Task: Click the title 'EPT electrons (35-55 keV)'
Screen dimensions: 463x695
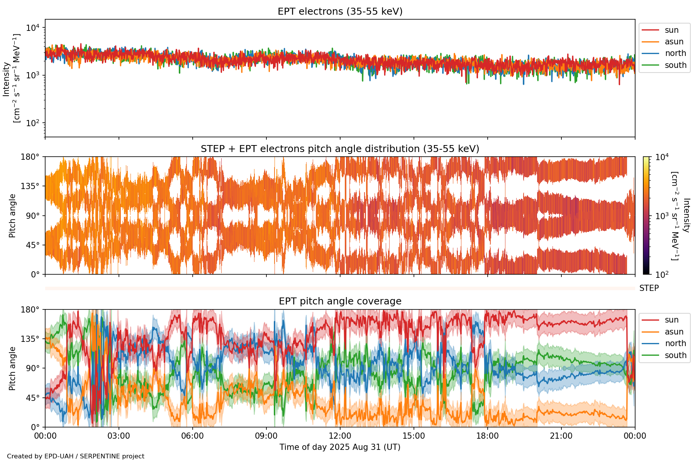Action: [340, 12]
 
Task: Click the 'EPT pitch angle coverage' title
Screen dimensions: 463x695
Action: [340, 301]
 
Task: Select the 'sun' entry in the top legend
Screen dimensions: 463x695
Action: [671, 30]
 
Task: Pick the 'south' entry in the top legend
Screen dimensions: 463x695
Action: [675, 65]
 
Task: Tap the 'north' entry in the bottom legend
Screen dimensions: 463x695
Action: [675, 343]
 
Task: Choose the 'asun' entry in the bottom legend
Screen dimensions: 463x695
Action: [674, 332]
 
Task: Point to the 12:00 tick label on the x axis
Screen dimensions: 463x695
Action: [340, 436]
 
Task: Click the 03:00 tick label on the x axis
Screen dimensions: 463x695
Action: [119, 436]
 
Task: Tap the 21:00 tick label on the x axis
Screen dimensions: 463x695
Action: [561, 436]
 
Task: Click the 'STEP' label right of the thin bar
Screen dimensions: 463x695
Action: [649, 288]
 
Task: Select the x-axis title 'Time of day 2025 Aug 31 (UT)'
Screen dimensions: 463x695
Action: [340, 447]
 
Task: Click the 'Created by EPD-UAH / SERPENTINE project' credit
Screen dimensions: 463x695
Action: [76, 456]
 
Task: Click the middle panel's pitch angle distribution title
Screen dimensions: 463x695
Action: [340, 149]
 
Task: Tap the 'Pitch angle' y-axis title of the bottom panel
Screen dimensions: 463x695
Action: [12, 368]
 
